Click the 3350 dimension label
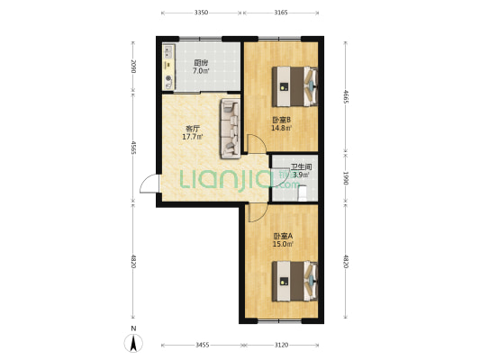pos(201,13)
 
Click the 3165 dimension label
pos(281,13)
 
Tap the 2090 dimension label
pos(133,66)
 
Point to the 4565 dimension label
pos(133,148)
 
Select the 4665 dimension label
pos(346,96)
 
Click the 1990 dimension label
pos(346,178)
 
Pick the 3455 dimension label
pos(202,345)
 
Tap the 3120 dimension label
pos(281,345)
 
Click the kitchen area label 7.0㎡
pos(201,71)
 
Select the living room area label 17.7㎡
pos(193,137)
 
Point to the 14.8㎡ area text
pos(281,128)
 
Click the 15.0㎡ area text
pos(283,244)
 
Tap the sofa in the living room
pos(231,129)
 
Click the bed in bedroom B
pos(294,86)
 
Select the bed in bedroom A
pos(294,281)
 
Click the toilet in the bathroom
pos(303,193)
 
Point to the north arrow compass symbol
pos(133,343)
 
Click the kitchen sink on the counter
pos(168,51)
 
